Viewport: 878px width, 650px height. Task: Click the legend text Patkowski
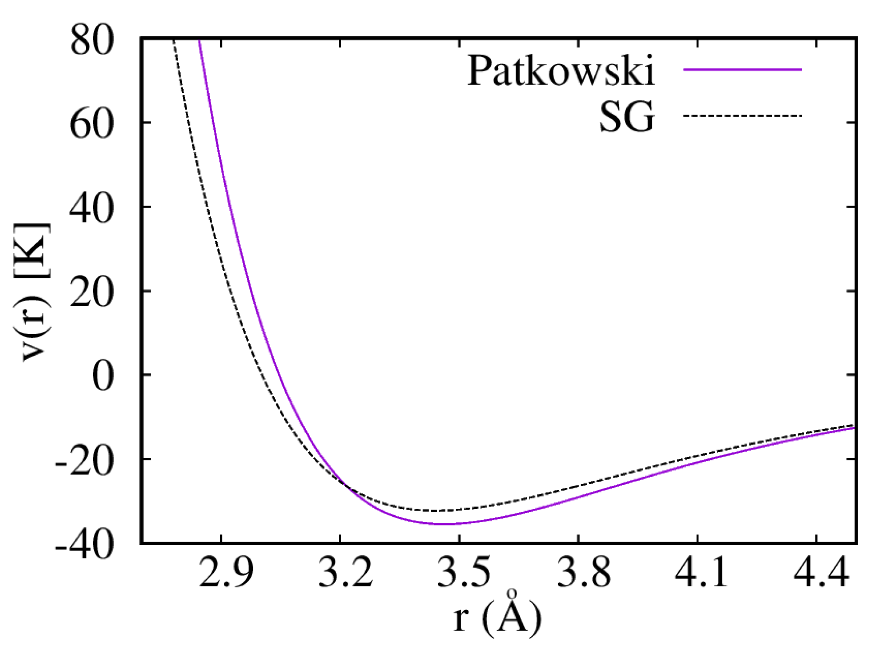tap(560, 71)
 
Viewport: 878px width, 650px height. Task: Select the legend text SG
tap(627, 117)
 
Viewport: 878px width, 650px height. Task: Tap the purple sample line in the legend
tap(742, 70)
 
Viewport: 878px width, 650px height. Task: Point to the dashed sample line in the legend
tap(742, 116)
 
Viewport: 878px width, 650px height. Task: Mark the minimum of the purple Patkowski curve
tap(444, 524)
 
